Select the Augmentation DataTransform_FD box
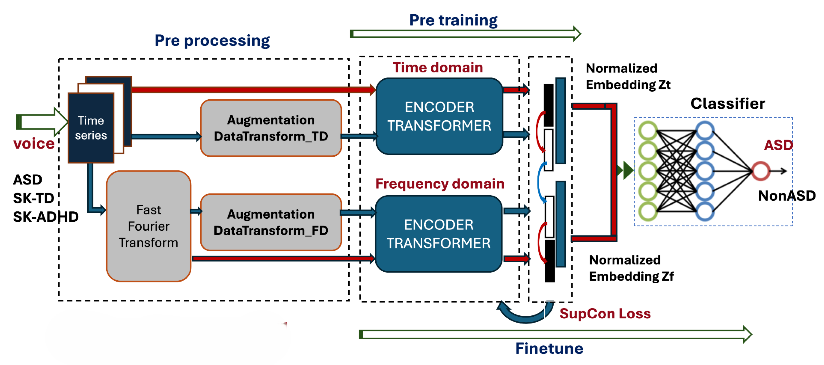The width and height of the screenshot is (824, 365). pos(271,222)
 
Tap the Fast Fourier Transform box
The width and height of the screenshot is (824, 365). pos(148,226)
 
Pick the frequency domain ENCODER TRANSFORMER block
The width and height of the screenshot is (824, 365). pos(439,234)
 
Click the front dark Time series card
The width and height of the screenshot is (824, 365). pos(91,128)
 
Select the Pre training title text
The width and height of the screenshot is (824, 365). pos(453,20)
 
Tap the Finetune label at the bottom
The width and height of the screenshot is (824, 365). pos(549,348)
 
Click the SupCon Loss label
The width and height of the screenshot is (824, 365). pos(605,314)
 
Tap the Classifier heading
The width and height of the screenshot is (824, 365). pos(728,104)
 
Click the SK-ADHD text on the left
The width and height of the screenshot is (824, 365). pos(46,217)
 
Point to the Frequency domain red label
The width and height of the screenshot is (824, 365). pos(440,184)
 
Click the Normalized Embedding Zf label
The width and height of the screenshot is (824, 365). pos(631,268)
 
